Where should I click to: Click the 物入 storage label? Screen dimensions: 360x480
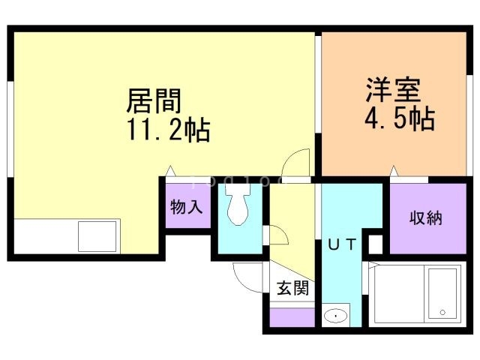[x=185, y=207]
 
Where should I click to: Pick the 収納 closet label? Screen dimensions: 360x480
[x=425, y=218]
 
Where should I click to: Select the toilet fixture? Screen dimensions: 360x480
[x=238, y=205]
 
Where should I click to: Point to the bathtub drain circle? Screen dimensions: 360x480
[x=442, y=312]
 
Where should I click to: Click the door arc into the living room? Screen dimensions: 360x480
[x=297, y=162]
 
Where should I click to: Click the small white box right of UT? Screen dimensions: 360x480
[x=376, y=244]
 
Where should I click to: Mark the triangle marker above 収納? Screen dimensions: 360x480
[x=394, y=175]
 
